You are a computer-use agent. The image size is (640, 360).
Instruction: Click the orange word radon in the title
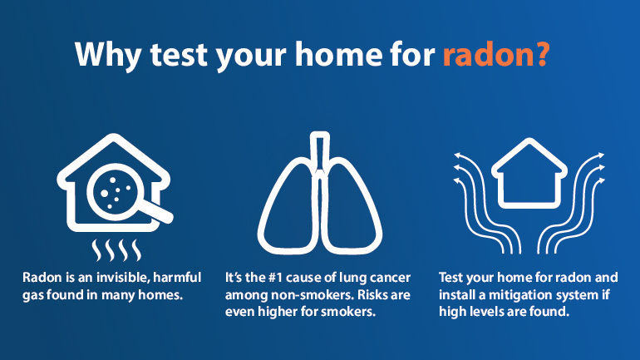pos(487,54)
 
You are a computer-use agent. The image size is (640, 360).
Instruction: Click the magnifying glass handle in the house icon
pos(160,212)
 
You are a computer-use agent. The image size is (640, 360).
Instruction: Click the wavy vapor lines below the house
pos(116,250)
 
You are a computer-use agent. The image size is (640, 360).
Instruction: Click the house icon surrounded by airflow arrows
pos(529,173)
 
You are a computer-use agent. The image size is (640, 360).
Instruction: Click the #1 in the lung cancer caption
pos(276,278)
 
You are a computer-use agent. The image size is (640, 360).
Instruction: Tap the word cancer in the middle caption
pos(390,278)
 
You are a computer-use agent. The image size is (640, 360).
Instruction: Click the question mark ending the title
pos(542,53)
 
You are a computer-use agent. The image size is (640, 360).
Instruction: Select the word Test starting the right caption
pos(451,278)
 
